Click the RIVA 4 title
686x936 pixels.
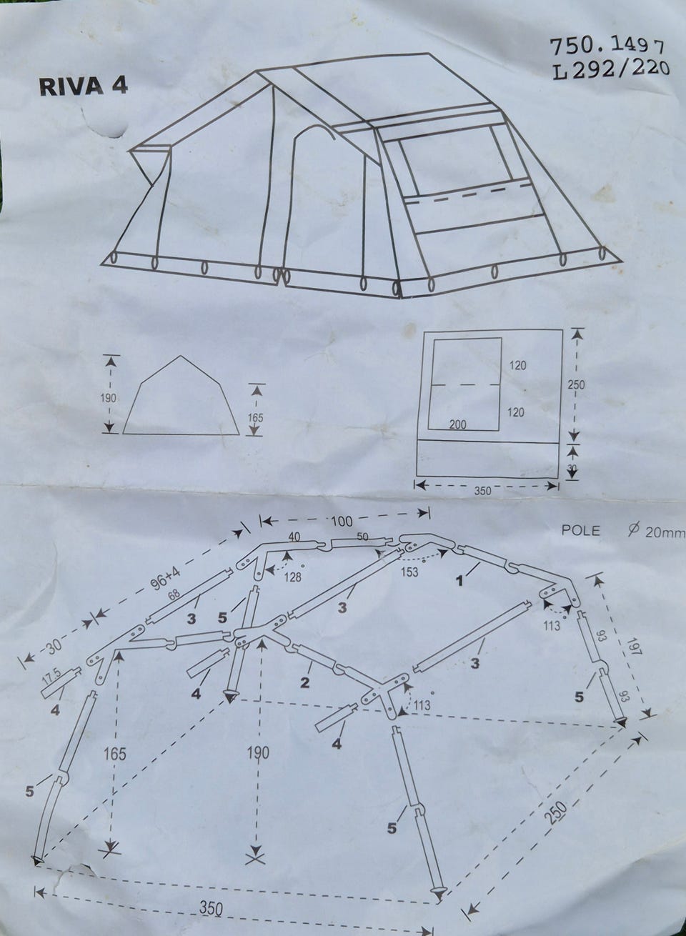click(83, 86)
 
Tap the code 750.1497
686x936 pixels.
click(607, 46)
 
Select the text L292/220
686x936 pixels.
click(611, 70)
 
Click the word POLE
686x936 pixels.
click(580, 530)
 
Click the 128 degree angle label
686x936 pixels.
click(293, 577)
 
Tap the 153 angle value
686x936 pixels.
click(409, 571)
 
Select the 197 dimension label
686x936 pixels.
click(632, 652)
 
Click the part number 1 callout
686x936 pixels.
click(459, 581)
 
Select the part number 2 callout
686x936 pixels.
click(304, 682)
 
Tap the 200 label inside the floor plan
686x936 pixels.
click(457, 424)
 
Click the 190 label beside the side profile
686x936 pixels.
click(108, 397)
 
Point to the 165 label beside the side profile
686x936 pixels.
click(255, 417)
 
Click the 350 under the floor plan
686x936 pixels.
click(482, 491)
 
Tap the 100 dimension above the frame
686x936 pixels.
click(342, 521)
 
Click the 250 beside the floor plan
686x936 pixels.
click(576, 384)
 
